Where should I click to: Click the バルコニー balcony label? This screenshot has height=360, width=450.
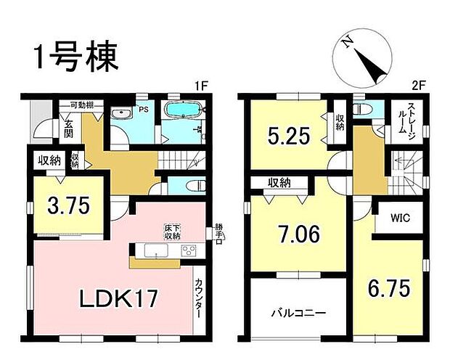pos(299,314)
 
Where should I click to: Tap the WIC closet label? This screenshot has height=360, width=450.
pos(398,216)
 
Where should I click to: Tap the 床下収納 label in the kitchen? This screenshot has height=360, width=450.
pos(171,232)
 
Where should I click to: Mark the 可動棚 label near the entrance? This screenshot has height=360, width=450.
pos(76,106)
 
